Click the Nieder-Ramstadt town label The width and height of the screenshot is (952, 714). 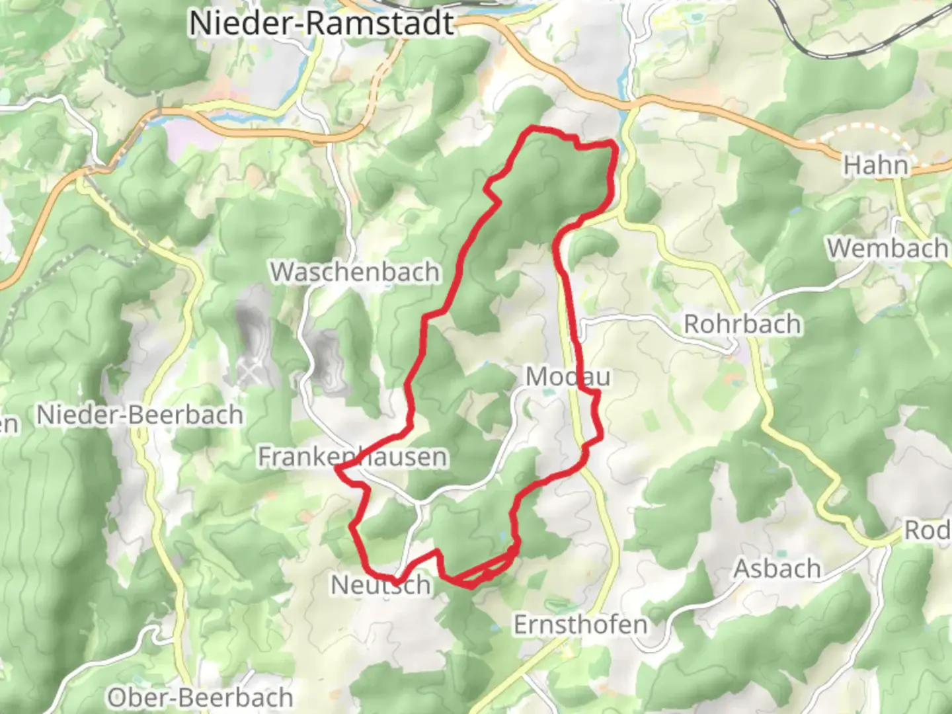(x=322, y=23)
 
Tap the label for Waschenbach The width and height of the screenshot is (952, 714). (x=355, y=272)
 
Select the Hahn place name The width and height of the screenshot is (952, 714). (x=875, y=165)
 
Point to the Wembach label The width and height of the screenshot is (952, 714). (x=887, y=249)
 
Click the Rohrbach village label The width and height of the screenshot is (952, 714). (x=742, y=324)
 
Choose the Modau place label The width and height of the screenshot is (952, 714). (x=568, y=377)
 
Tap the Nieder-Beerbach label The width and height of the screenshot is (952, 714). (x=139, y=415)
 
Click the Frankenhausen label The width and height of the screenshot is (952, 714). (x=352, y=457)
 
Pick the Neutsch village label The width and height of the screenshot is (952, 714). (x=380, y=584)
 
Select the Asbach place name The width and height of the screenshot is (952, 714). (x=777, y=569)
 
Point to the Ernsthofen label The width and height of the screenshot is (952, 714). (x=580, y=625)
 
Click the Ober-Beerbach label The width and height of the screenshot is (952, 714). (x=200, y=697)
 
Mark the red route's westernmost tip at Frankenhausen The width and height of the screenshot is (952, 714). (x=338, y=468)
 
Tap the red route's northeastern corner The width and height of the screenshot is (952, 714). (x=615, y=143)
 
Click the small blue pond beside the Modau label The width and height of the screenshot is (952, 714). (x=547, y=392)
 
